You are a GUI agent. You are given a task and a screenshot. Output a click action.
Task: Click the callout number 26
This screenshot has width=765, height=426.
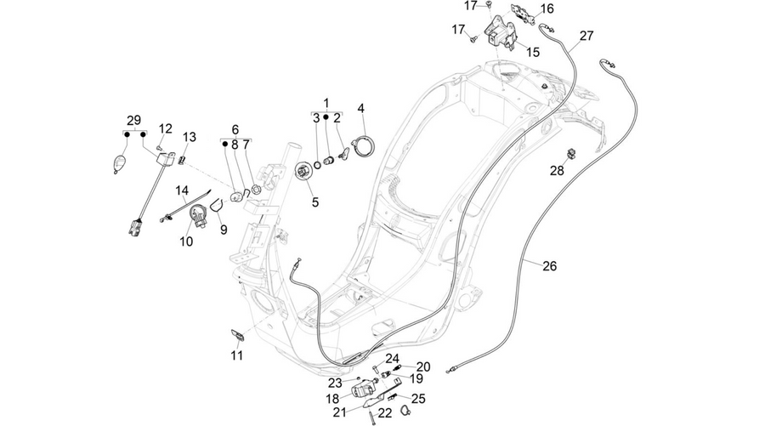[549, 266]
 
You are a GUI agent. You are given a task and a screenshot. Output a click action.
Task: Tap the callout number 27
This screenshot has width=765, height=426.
[586, 36]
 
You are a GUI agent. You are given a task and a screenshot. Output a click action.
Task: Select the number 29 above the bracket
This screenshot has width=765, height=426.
[133, 120]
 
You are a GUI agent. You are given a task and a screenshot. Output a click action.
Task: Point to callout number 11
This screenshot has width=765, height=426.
[236, 355]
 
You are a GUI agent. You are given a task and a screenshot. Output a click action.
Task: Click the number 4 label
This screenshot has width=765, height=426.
[361, 108]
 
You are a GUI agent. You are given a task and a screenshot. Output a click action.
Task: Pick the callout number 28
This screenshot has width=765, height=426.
[557, 170]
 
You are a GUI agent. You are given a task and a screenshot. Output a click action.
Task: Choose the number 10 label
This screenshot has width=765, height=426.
[186, 241]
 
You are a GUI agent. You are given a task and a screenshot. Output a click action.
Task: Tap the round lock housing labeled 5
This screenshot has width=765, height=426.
[304, 173]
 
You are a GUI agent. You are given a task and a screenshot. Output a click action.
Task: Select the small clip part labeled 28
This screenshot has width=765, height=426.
[571, 154]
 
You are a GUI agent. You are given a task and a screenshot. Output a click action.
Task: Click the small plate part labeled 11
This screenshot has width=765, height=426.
[238, 335]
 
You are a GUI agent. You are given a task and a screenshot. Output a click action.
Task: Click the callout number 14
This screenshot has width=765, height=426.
[182, 190]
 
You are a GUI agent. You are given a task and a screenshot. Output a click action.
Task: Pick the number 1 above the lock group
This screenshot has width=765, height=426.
[326, 103]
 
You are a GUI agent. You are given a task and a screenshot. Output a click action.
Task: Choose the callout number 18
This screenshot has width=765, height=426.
[332, 399]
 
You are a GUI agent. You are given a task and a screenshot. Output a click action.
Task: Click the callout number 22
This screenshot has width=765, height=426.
[385, 413]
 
